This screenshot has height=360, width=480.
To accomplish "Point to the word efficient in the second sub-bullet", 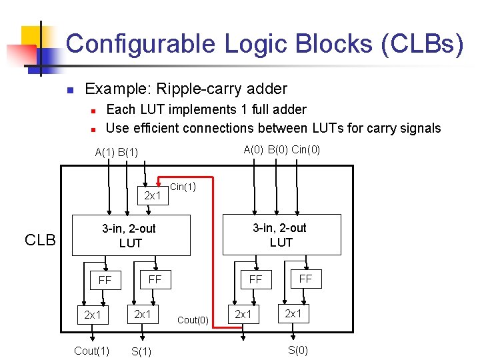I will [165, 128].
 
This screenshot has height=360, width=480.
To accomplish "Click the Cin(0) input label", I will [306, 150].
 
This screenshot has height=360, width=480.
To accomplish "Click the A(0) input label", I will [253, 150].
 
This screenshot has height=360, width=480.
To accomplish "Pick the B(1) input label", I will [127, 152].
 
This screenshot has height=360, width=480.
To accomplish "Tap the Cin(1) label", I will [183, 187].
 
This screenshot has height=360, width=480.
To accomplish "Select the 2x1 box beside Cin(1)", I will [153, 195].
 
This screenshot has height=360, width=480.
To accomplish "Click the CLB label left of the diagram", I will [40, 240].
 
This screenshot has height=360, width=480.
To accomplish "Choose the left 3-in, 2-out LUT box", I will [131, 235].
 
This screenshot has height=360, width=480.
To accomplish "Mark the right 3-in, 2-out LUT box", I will [281, 235].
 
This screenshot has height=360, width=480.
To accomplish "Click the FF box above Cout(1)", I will [105, 280].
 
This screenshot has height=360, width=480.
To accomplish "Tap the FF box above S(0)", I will [305, 279].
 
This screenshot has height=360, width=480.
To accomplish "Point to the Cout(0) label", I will [193, 320].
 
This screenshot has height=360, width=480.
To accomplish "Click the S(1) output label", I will [141, 352].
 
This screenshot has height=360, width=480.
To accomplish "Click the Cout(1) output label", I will [91, 351].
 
